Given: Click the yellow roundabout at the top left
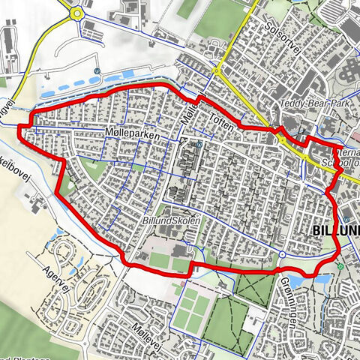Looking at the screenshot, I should coord(76,13).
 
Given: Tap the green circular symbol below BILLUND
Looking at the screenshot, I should coord(340,266).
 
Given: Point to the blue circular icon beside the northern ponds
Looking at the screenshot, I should coord(97,71).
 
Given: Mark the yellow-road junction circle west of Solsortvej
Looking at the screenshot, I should coord(216,72).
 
